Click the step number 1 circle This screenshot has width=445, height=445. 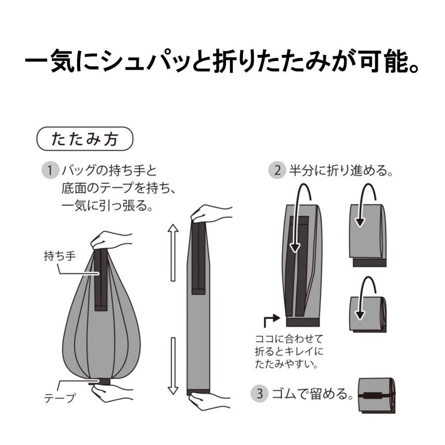(50, 171)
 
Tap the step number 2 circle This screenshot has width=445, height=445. (277, 171)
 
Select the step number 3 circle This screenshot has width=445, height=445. (260, 394)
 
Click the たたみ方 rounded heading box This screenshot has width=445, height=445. (85, 139)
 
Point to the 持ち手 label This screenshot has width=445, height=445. (60, 256)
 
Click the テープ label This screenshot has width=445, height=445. (60, 398)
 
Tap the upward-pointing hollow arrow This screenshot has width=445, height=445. (173, 253)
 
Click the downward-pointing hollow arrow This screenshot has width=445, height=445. (173, 366)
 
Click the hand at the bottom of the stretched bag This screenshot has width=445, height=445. (210, 400)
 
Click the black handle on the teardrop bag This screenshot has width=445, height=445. (101, 279)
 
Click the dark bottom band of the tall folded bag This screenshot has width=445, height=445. (303, 322)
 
